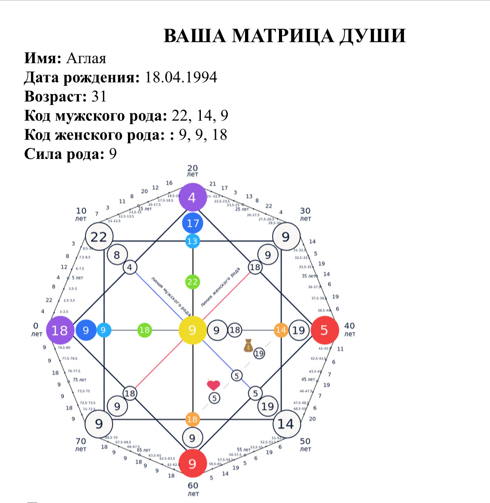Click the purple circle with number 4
click(x=192, y=197)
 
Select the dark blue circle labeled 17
click(x=192, y=223)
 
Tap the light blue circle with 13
click(x=192, y=241)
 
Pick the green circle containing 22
click(x=192, y=282)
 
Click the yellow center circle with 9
click(x=192, y=330)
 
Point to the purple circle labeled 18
click(x=60, y=330)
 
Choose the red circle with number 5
click(x=324, y=330)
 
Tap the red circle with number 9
click(x=192, y=463)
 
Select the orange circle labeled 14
click(x=281, y=330)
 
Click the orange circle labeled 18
click(x=192, y=419)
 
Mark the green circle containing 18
click(x=144, y=330)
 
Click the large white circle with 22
click(x=99, y=237)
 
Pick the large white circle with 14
click(x=286, y=424)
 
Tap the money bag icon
click(x=249, y=345)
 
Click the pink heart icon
click(x=214, y=385)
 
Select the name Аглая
click(x=86, y=58)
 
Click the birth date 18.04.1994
click(x=181, y=77)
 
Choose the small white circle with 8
click(x=117, y=255)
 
